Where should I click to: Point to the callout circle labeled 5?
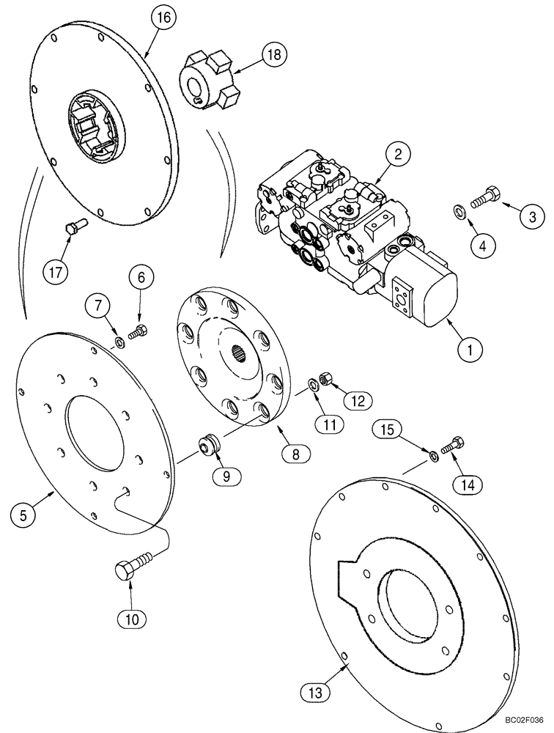[23, 515]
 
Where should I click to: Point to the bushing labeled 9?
[208, 446]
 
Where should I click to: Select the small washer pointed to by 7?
[118, 342]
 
